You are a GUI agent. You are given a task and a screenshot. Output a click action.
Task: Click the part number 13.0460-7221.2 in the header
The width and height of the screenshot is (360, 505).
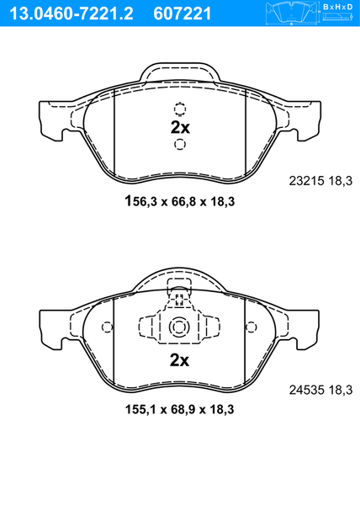[71, 13]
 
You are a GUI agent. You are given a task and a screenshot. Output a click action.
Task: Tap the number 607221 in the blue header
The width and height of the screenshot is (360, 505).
[183, 13]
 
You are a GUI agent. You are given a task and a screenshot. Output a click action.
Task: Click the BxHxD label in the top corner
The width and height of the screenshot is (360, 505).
[337, 7]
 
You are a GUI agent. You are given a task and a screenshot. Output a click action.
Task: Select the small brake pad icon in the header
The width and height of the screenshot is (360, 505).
[291, 13]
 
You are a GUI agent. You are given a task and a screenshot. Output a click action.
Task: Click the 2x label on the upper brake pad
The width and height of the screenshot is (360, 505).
[180, 128]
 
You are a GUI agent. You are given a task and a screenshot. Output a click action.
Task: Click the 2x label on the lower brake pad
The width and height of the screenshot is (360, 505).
[179, 360]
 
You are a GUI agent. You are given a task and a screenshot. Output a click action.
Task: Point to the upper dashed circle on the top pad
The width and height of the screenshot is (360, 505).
[180, 109]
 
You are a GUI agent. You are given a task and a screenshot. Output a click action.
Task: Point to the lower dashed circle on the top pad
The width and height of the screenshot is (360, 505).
[180, 144]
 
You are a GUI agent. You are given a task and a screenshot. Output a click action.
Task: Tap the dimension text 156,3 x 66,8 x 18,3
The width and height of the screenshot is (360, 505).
[180, 201]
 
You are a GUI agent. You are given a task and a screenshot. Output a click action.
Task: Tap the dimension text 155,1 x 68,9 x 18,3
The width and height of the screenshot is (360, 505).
[179, 410]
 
